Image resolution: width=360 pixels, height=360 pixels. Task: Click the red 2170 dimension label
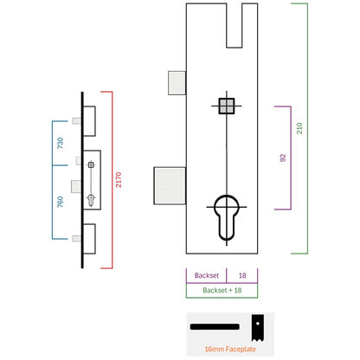119,180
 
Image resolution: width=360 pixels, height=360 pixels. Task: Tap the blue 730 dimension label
60,143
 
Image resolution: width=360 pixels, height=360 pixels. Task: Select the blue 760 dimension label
60,202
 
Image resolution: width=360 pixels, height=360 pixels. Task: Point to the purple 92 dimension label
283,157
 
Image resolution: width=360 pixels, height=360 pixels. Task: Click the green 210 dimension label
299,128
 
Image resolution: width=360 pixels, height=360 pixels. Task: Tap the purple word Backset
207,275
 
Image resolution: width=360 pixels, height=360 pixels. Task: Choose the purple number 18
242,275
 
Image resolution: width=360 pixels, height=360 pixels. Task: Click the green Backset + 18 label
222,290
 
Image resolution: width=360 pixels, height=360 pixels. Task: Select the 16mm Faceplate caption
230,349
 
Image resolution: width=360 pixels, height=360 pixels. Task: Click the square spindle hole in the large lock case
227,106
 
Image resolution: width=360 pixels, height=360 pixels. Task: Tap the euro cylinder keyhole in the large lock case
227,218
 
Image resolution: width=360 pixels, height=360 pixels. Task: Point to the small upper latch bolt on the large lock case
177,83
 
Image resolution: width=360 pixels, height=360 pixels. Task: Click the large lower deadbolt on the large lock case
170,186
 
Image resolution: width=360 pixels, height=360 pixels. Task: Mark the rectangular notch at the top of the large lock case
235,25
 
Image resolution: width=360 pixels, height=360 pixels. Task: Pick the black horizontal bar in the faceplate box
215,327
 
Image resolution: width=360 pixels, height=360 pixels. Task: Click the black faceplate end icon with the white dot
257,328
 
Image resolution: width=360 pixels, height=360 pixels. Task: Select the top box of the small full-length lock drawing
89,121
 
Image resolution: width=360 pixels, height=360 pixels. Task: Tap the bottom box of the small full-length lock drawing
89,239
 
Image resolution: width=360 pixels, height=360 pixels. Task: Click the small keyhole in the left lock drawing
91,201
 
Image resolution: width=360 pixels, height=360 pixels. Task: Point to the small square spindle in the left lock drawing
91,164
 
